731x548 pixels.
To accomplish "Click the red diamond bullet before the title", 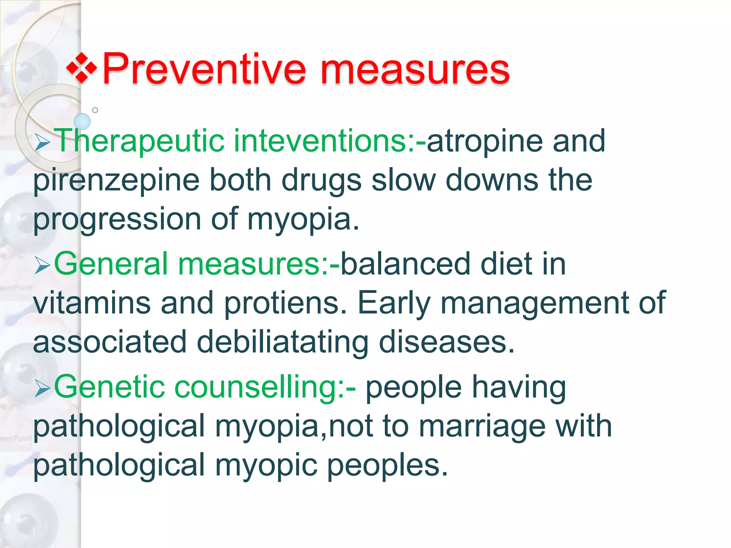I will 82,67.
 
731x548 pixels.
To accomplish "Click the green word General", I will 111,264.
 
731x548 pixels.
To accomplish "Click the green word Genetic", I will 109,387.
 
